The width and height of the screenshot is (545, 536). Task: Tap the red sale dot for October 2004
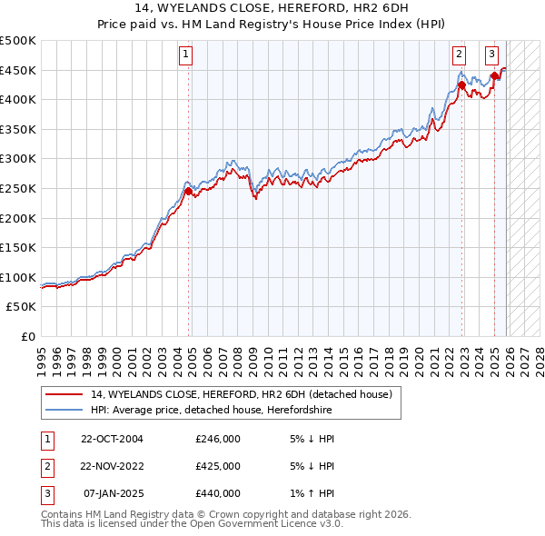(x=189, y=191)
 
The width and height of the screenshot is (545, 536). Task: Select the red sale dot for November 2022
(x=461, y=85)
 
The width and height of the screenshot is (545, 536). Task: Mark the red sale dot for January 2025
(x=494, y=76)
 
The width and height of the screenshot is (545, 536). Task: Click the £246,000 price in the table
(x=218, y=438)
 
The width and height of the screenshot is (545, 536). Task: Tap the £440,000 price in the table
(x=218, y=493)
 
